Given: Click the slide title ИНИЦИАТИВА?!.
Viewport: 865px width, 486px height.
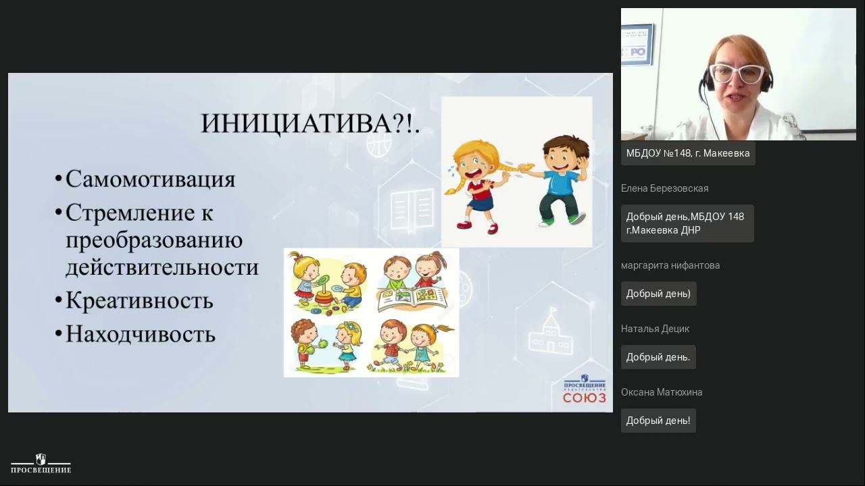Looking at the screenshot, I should (x=310, y=124).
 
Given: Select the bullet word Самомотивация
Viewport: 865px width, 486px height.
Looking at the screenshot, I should (x=150, y=180).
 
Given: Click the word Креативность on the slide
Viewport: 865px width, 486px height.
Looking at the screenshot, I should (x=139, y=301).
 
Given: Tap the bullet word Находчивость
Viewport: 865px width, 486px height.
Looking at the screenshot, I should (x=141, y=334).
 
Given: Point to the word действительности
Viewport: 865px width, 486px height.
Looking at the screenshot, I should (x=162, y=267).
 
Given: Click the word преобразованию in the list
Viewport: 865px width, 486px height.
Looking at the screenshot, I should (x=154, y=240).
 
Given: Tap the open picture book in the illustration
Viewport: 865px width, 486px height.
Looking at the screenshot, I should (x=412, y=298).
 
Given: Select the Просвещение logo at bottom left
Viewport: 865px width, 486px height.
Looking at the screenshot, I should (x=41, y=464).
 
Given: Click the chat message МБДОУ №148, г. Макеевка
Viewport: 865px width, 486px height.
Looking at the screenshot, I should (x=687, y=153).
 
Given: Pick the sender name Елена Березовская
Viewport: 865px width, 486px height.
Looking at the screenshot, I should (x=664, y=188).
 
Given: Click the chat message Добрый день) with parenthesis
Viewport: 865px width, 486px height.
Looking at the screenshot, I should (x=658, y=294).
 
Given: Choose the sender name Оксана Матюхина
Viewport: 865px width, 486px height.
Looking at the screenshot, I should (x=662, y=392).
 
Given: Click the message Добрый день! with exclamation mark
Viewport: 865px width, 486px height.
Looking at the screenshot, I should (x=658, y=421).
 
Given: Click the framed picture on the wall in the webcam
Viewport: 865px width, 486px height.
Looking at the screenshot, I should (x=637, y=45).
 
